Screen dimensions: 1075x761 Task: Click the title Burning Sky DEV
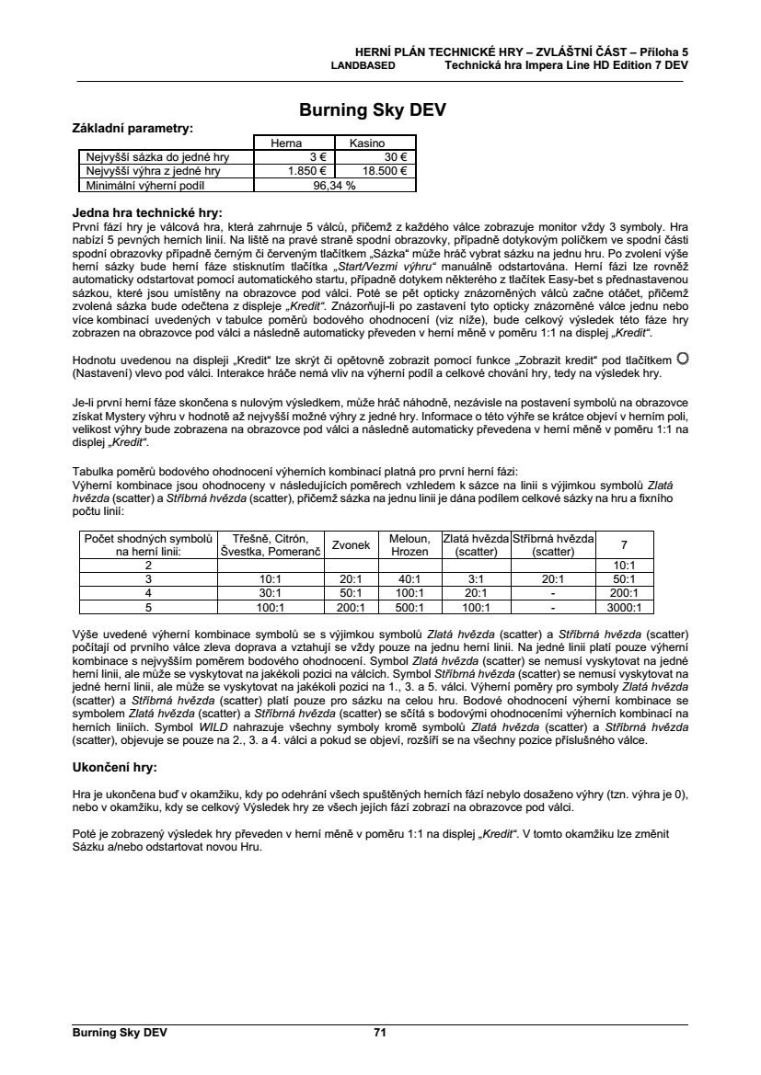(x=373, y=111)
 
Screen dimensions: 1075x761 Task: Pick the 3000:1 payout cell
(x=624, y=607)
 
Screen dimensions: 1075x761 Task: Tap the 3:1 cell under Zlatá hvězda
(x=475, y=579)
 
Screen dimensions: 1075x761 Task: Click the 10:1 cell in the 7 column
(x=624, y=565)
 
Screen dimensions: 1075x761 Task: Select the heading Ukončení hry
(x=114, y=767)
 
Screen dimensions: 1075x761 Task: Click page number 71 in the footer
(x=380, y=1032)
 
